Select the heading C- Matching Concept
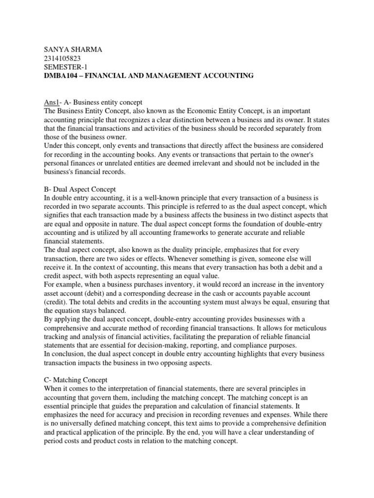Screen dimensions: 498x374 click(x=76, y=379)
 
